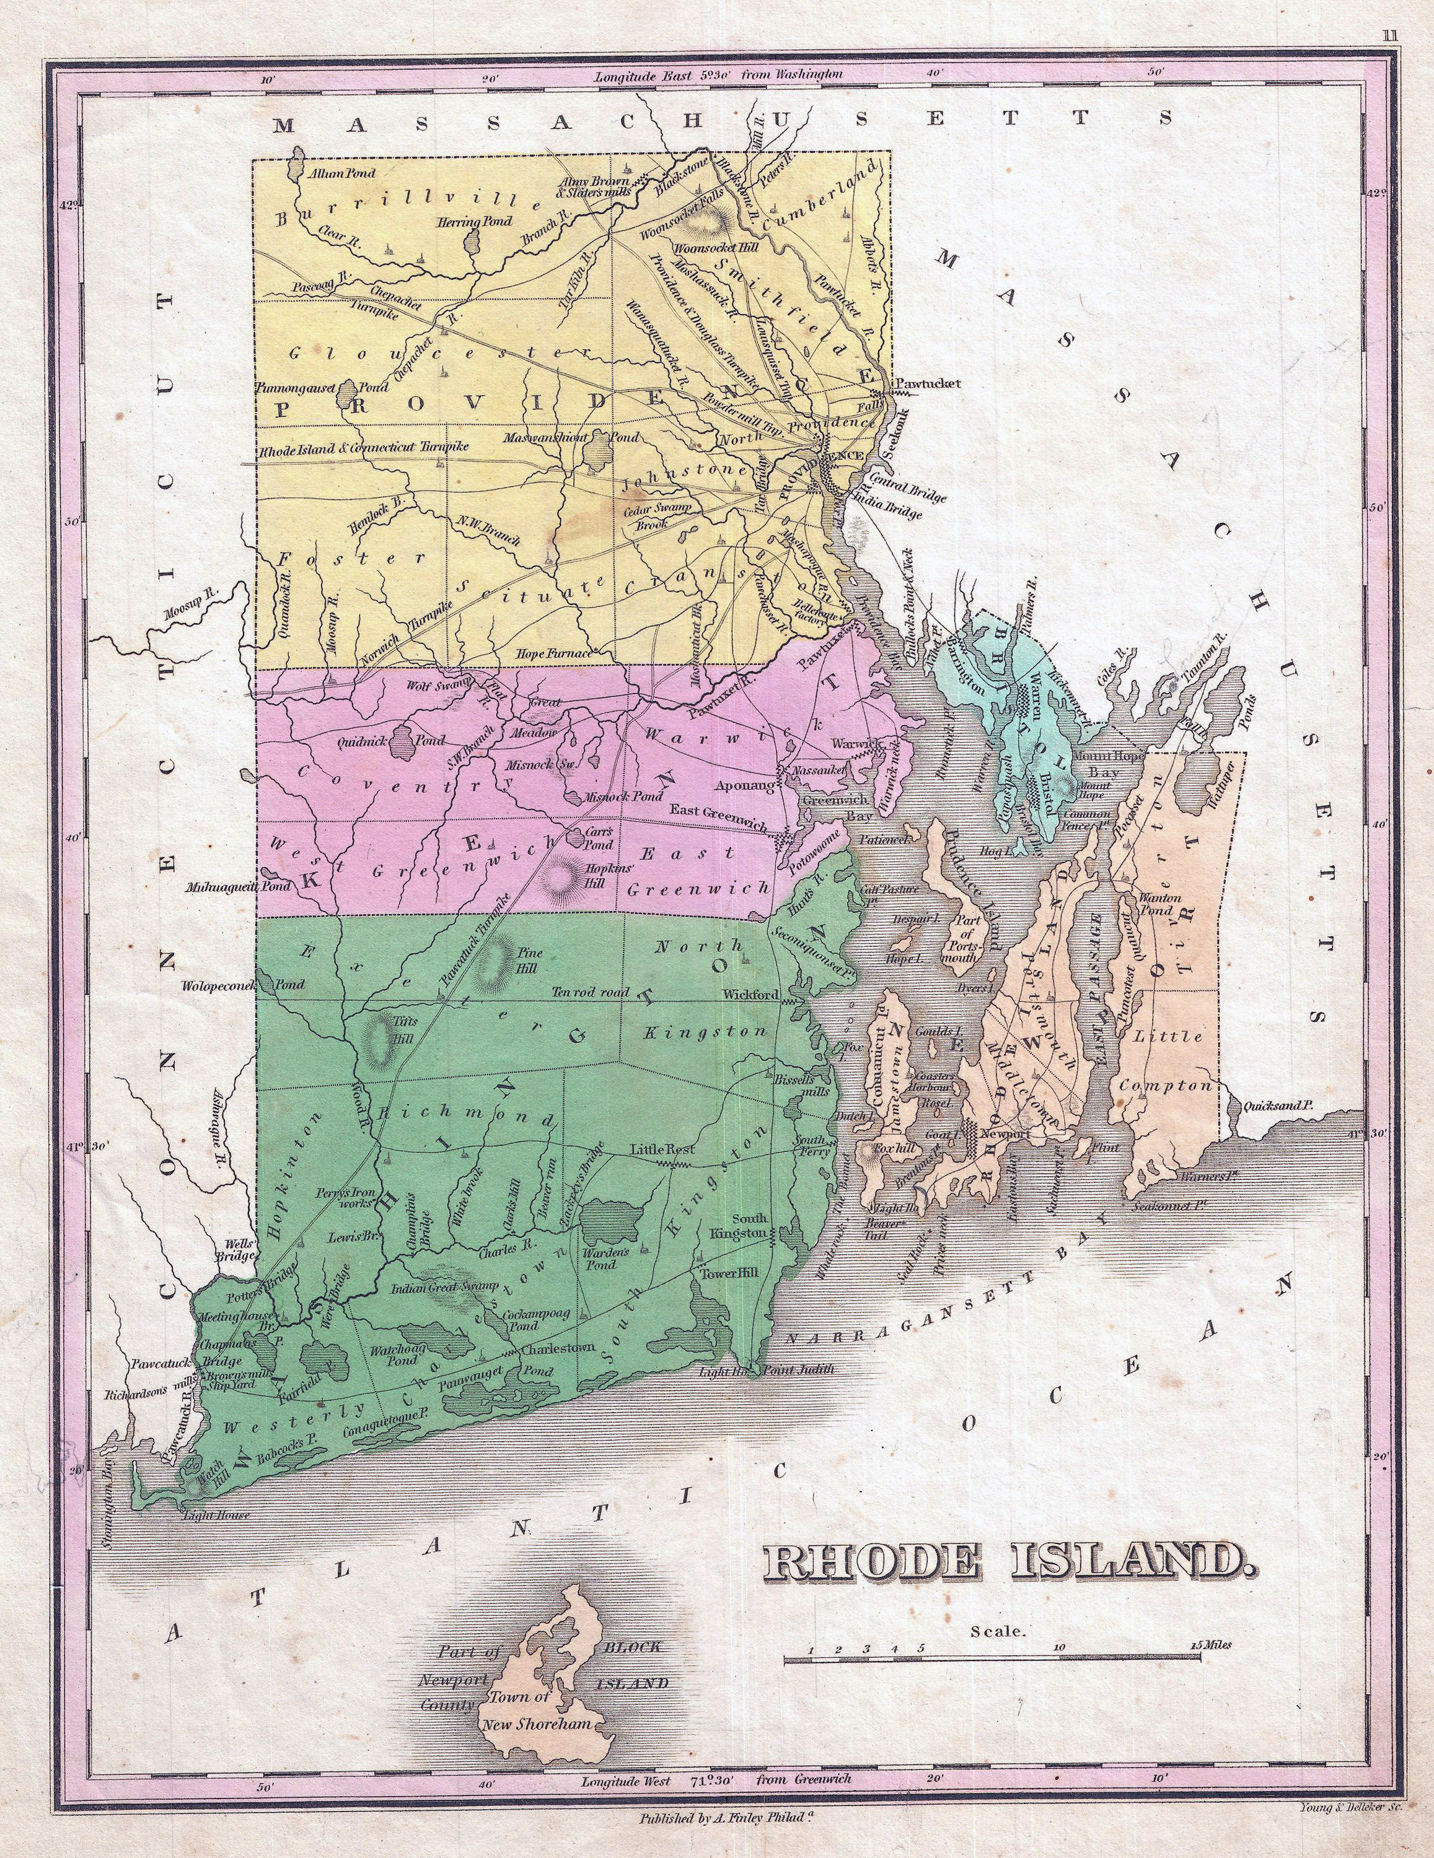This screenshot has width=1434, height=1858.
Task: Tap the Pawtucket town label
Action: click(x=928, y=384)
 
